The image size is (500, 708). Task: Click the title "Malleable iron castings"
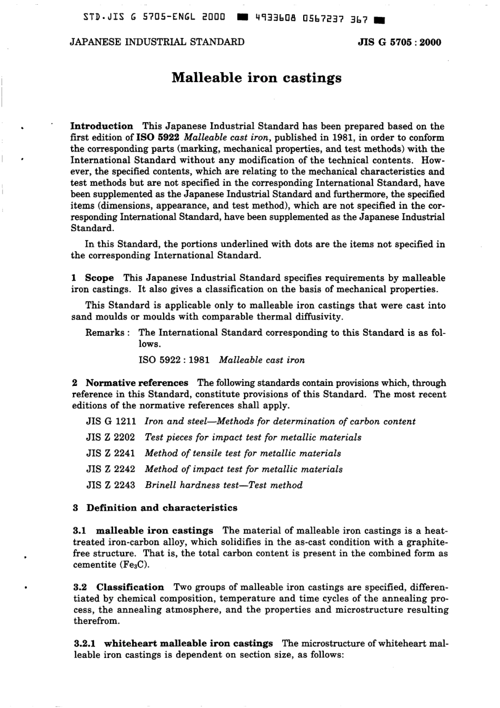point(256,78)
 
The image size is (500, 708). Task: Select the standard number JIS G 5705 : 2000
point(399,43)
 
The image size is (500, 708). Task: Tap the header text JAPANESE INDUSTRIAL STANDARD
point(157,42)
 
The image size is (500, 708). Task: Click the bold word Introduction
point(102,126)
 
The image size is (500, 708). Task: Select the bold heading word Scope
point(99,278)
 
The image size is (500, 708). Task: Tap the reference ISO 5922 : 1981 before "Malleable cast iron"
point(174,360)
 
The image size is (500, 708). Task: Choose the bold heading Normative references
point(137,383)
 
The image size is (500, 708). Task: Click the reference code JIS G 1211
point(111,422)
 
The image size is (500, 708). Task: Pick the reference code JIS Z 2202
point(111,437)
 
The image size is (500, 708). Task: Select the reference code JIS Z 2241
point(111,453)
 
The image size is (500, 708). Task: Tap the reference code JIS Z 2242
point(111,469)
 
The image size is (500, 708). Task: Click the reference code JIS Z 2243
point(111,485)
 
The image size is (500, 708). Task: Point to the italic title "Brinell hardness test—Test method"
point(224,485)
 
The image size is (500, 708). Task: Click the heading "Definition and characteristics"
point(162,508)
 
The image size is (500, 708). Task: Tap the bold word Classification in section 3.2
point(130,587)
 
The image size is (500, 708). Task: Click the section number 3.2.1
point(85,643)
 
